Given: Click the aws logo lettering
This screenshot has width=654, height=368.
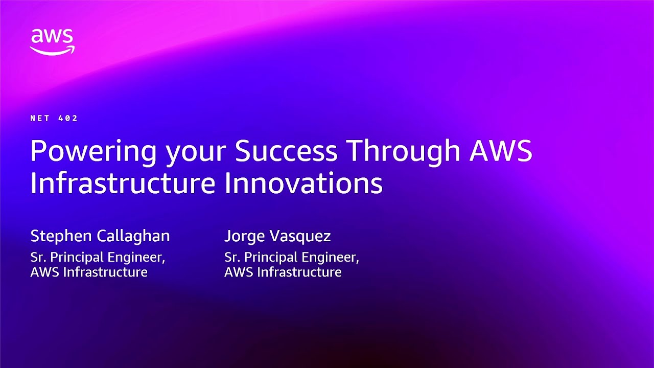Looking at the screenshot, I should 52,37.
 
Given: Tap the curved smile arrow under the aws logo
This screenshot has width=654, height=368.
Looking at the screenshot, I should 52,50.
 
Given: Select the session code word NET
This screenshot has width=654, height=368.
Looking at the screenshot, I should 40,118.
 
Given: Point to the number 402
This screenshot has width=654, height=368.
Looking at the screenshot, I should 68,118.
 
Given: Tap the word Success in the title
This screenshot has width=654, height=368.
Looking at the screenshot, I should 286,151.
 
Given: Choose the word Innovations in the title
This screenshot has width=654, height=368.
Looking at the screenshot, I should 303,183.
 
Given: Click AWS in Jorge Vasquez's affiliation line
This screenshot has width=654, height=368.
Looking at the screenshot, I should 239,272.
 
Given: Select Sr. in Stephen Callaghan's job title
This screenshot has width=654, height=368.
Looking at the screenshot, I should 38,257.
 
